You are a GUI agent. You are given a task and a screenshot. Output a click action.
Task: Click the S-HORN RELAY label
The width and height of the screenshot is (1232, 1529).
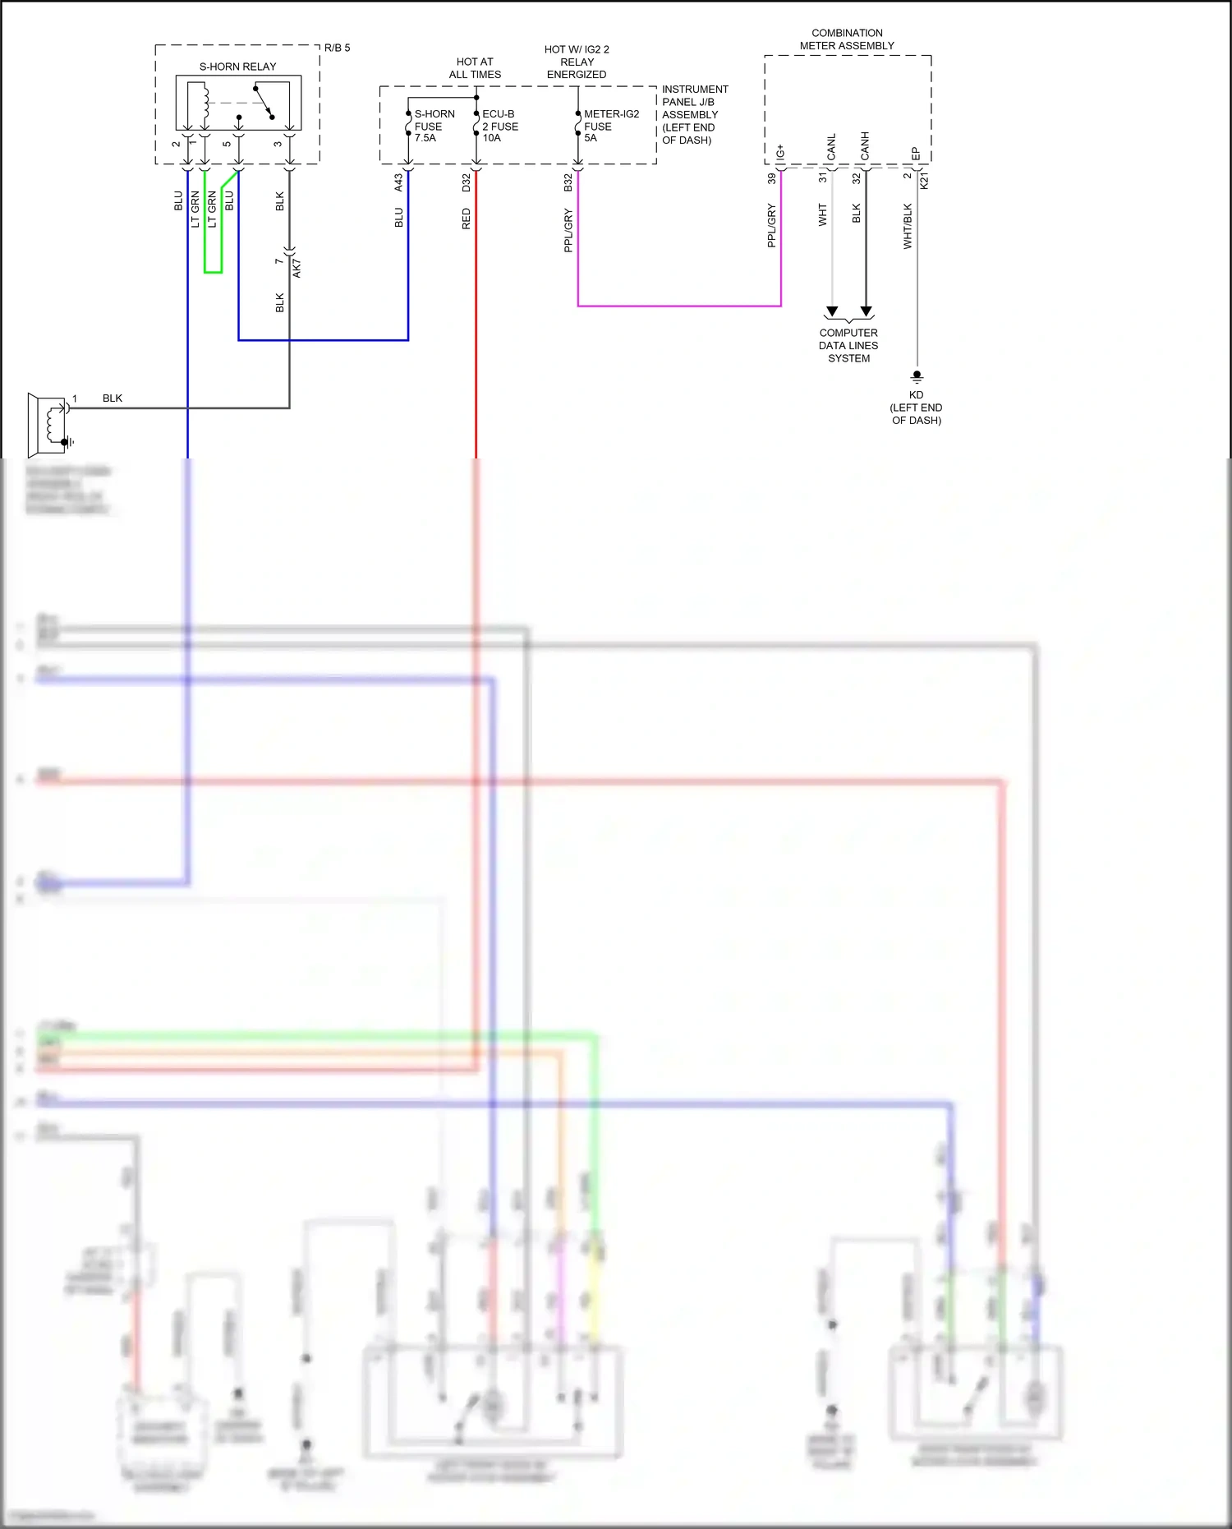(x=237, y=67)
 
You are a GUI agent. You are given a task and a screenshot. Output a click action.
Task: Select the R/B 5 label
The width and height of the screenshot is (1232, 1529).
(x=337, y=48)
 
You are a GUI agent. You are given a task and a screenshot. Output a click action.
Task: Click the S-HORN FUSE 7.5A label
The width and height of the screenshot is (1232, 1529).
(x=433, y=126)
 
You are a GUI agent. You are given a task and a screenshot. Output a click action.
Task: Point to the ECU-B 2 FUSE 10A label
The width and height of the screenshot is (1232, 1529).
(x=499, y=126)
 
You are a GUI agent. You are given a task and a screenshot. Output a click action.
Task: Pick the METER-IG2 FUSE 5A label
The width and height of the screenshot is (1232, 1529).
(x=610, y=126)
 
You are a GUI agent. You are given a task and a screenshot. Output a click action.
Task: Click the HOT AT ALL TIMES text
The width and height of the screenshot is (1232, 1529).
(x=475, y=68)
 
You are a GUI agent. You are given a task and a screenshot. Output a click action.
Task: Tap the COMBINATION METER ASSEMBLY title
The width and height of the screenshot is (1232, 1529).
(x=847, y=39)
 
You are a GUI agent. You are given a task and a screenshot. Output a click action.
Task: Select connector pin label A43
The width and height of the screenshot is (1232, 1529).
(x=399, y=182)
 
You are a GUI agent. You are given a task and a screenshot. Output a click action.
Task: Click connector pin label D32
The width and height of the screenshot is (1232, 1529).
(x=467, y=182)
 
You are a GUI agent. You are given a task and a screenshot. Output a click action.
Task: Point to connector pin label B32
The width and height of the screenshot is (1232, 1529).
(x=568, y=182)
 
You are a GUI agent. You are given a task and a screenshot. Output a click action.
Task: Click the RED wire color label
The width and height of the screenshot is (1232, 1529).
(x=467, y=219)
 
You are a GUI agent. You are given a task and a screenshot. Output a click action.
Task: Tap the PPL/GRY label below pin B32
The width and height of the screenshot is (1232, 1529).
(x=568, y=230)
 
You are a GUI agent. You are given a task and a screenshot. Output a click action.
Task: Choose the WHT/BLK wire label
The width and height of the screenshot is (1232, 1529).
(x=908, y=226)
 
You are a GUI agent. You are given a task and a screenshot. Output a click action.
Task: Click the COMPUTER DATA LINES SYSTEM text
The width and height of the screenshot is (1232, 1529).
(x=848, y=346)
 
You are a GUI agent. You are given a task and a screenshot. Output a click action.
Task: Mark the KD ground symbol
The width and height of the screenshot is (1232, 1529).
(x=917, y=376)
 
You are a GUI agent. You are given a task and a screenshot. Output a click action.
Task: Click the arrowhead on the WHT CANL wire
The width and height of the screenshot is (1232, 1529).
(x=832, y=311)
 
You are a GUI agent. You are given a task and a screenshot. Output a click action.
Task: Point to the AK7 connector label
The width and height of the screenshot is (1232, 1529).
(x=297, y=268)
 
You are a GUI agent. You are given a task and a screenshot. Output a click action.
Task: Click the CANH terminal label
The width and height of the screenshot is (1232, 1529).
(x=865, y=146)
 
